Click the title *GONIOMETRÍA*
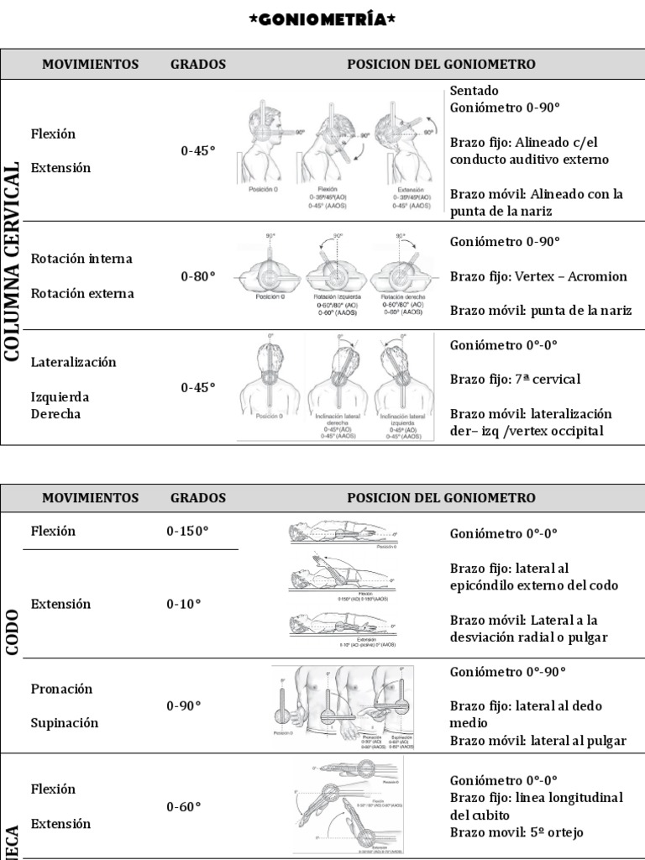(x=322, y=18)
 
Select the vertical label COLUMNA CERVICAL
(x=13, y=262)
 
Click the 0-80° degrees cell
(x=198, y=275)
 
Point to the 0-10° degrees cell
(x=183, y=604)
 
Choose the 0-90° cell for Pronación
(x=183, y=705)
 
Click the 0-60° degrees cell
(x=183, y=806)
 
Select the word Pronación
(x=61, y=689)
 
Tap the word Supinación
(x=65, y=723)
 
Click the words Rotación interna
(x=81, y=259)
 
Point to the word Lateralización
(x=73, y=362)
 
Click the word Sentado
(x=474, y=91)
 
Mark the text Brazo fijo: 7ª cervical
(x=515, y=380)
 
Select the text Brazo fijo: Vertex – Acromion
(x=538, y=276)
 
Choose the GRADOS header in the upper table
(x=198, y=64)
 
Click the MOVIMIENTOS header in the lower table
(x=91, y=498)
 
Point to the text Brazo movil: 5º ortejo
(x=517, y=833)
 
